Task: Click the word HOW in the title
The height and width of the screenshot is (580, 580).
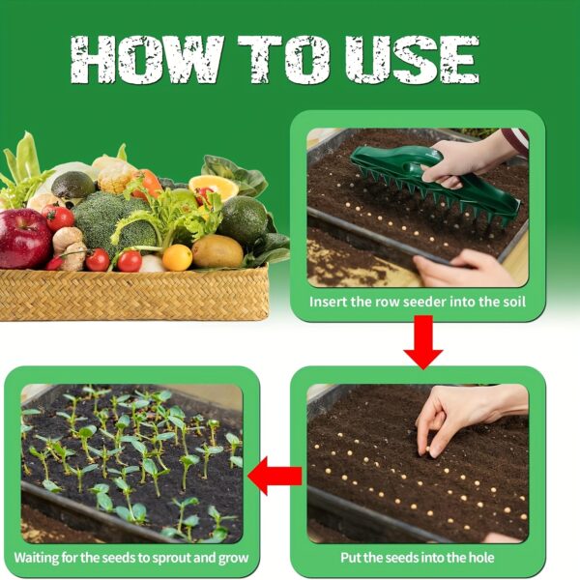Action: point(147,59)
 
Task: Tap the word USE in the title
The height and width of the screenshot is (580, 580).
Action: point(412,59)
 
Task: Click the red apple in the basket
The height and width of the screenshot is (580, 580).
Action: point(24,238)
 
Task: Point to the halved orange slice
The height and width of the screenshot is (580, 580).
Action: point(214,187)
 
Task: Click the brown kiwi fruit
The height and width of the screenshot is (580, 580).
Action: point(217,251)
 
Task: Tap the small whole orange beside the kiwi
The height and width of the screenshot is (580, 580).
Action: point(177,257)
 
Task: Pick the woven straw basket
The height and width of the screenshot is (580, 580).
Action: point(134,294)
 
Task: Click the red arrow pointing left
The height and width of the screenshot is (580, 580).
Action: point(275,476)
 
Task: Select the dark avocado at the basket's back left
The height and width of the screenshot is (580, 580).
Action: point(72,185)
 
